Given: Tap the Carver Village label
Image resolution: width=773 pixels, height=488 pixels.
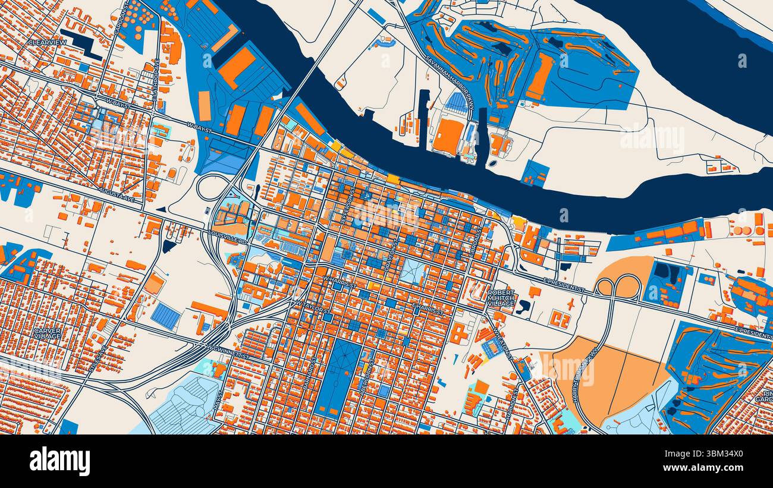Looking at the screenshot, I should pyautogui.click(x=47, y=333).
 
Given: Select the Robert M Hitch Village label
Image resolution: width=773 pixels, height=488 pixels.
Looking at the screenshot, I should pyautogui.click(x=501, y=298).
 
